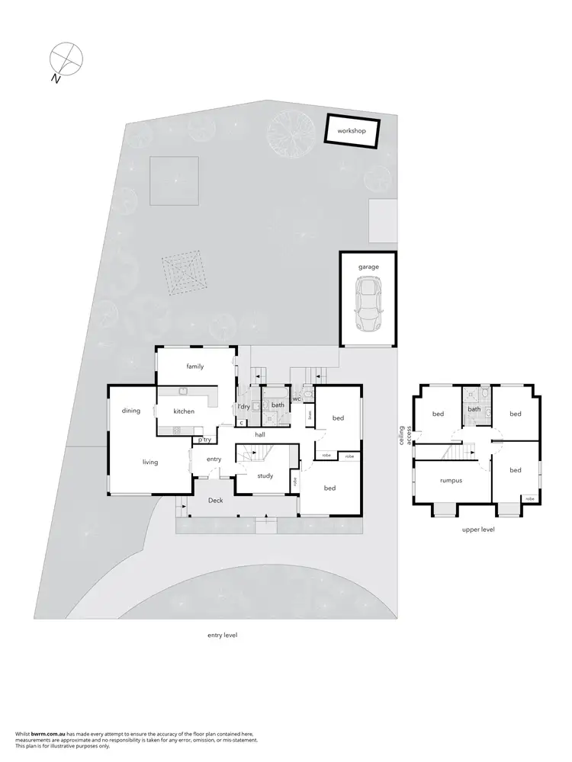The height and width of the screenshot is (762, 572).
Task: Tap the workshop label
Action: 352,131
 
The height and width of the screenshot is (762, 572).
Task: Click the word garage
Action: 369,267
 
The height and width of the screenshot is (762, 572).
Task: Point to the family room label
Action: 195,367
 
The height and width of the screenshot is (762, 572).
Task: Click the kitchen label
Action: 184,411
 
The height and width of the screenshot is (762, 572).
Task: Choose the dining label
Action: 131,411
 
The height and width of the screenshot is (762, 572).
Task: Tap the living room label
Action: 149,462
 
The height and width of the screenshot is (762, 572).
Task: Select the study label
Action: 265,475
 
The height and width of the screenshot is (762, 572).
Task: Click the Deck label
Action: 216,501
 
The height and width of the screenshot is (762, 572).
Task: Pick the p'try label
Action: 204,440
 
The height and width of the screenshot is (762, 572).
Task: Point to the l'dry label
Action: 243,406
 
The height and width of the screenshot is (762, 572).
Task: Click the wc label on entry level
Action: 296,398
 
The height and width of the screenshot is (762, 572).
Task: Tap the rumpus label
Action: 453,481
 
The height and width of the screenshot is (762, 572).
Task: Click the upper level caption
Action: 478,529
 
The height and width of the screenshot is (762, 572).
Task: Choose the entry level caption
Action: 222,634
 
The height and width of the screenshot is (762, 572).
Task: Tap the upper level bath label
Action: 474,409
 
